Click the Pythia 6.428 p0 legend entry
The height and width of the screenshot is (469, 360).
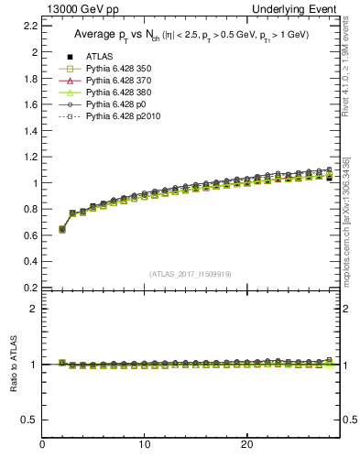coord(115,104)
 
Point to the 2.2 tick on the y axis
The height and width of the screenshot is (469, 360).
coord(30,26)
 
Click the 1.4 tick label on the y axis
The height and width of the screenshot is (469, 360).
coord(30,130)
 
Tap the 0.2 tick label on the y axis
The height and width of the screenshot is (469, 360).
coord(30,287)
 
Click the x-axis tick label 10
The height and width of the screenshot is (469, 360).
coord(144,445)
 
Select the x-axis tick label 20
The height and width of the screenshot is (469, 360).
coord(245,445)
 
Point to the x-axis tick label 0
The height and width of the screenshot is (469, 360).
coord(42,445)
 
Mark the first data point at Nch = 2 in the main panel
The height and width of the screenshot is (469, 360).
coord(62,229)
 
